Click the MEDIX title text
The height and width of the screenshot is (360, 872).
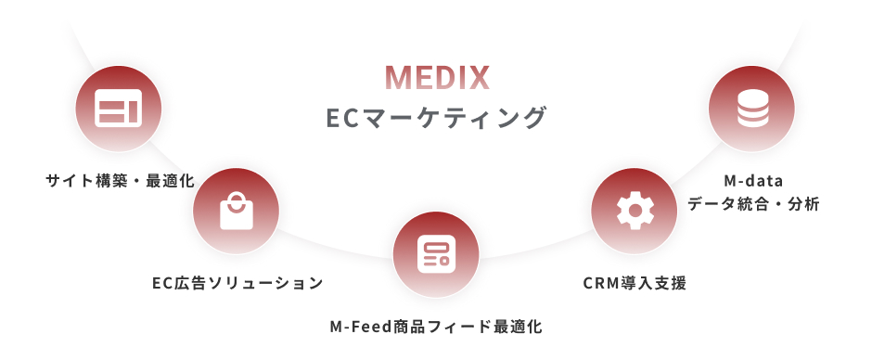coord(436,78)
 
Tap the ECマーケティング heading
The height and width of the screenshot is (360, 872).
coord(436,119)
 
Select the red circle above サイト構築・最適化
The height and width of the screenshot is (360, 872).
coord(118,109)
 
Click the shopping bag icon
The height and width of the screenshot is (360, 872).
coord(236,211)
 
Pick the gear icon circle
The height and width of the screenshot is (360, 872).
coord(635,211)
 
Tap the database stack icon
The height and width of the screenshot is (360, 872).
coord(752,109)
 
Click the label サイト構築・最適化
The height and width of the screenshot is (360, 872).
coord(120,180)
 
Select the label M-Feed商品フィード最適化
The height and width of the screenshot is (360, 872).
coord(436,327)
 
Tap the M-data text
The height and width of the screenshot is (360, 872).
coord(753,180)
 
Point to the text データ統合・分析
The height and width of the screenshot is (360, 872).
coord(753,204)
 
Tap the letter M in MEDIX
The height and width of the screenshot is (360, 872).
coord(396,78)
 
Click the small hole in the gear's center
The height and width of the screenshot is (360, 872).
coord(635,211)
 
